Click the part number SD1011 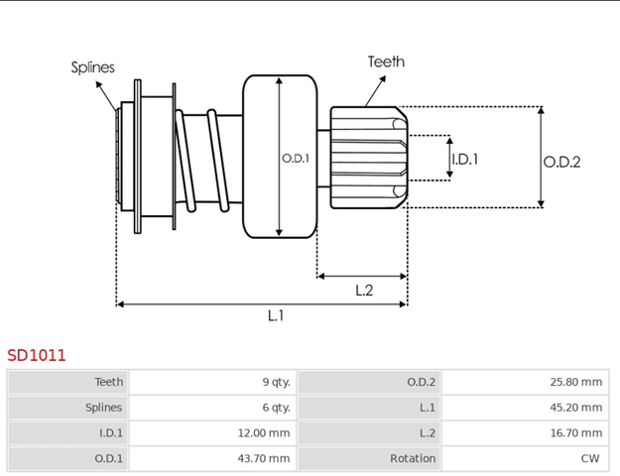37,354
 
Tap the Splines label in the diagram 92,67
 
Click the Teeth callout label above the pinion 386,61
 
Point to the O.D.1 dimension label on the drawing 296,158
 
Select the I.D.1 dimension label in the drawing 465,158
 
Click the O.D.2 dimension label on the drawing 561,162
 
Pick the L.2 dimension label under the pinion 364,290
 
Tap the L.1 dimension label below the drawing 276,315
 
